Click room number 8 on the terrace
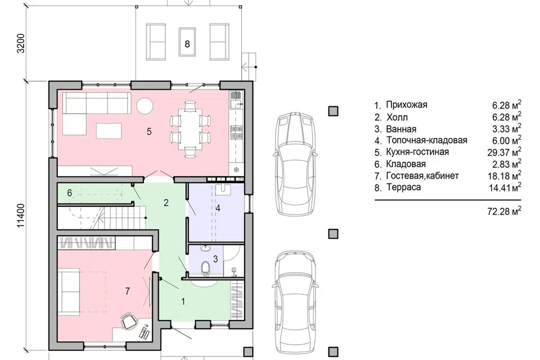(x=187, y=44)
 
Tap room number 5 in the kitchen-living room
(x=149, y=131)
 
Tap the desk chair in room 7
(x=128, y=321)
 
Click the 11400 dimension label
(x=22, y=215)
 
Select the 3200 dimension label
(x=22, y=43)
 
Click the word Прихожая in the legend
(x=406, y=105)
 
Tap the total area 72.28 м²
(x=504, y=210)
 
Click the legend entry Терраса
(x=403, y=187)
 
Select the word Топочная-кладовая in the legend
(x=427, y=140)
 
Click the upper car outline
(x=295, y=164)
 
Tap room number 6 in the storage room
(x=70, y=193)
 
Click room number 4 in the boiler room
(x=218, y=208)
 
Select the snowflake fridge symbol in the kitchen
(x=237, y=169)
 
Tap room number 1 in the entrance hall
(x=183, y=301)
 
